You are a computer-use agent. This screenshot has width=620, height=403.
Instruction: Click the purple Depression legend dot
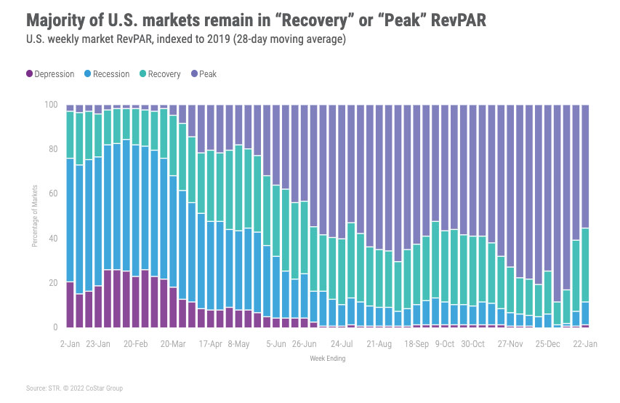click(x=31, y=74)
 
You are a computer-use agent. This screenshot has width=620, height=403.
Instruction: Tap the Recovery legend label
click(x=164, y=74)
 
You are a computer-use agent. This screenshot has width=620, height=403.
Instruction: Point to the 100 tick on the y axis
click(x=51, y=105)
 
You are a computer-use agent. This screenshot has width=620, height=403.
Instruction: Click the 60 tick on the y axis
click(x=52, y=193)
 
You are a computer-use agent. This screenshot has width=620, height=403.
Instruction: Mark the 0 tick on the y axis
click(x=55, y=327)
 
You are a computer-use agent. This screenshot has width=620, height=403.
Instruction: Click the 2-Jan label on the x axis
click(x=71, y=342)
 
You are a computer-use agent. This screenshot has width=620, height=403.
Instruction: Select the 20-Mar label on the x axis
click(x=173, y=342)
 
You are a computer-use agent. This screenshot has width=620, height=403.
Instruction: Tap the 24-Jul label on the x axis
click(x=342, y=342)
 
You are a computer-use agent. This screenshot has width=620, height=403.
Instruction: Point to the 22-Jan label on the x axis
click(x=584, y=342)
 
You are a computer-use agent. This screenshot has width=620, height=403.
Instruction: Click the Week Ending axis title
click(x=327, y=358)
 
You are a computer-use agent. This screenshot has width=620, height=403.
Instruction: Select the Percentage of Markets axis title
click(x=34, y=216)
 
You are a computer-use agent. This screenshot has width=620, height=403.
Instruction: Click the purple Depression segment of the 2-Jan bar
click(x=70, y=304)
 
